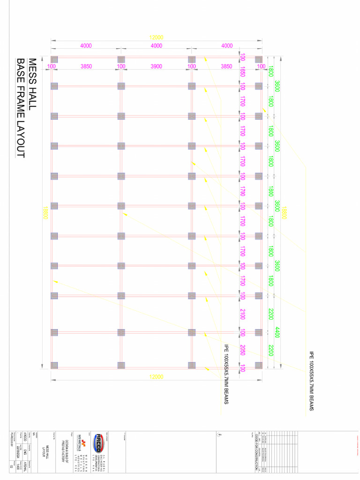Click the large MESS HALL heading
point(32,84)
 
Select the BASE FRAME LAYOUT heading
point(21,108)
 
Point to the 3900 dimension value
point(156,67)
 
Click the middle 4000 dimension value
point(156,45)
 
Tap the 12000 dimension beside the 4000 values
point(156,37)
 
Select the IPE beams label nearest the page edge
point(311,382)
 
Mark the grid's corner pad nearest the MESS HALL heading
point(54,60)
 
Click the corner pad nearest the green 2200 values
point(259,365)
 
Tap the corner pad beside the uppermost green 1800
point(259,60)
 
